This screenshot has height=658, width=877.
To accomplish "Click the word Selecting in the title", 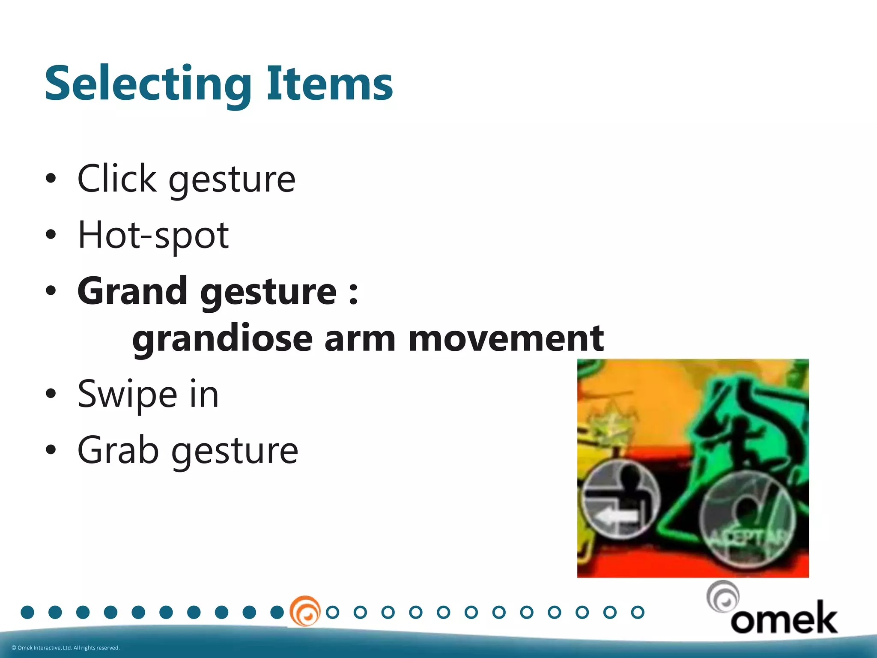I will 148,84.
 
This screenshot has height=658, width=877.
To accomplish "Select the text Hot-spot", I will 153,236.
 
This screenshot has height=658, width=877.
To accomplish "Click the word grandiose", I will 222,339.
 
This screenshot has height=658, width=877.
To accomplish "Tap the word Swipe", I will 127,395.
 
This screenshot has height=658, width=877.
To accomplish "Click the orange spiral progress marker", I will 305,611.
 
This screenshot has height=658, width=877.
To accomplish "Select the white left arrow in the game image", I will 617,517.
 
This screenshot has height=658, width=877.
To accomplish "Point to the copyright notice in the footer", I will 66,648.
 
